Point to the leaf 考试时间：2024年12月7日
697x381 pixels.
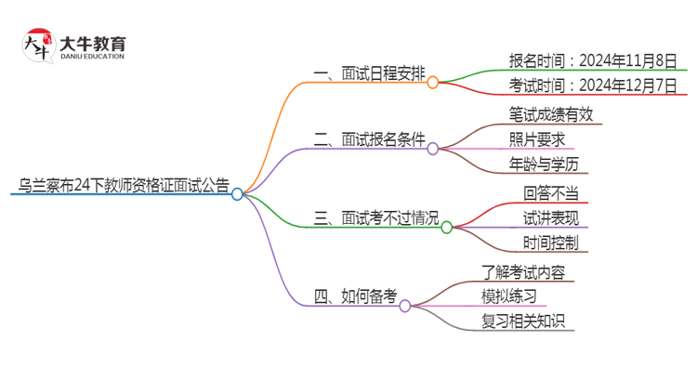pos(593,86)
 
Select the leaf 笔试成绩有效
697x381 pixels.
pos(550,114)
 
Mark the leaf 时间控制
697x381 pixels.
pos(550,243)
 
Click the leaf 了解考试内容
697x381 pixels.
pos(522,271)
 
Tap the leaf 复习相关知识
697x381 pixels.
pos(522,322)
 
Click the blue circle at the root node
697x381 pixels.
pos(237,194)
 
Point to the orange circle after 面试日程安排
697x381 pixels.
pos(432,83)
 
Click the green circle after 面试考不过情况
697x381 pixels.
pos(446,227)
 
